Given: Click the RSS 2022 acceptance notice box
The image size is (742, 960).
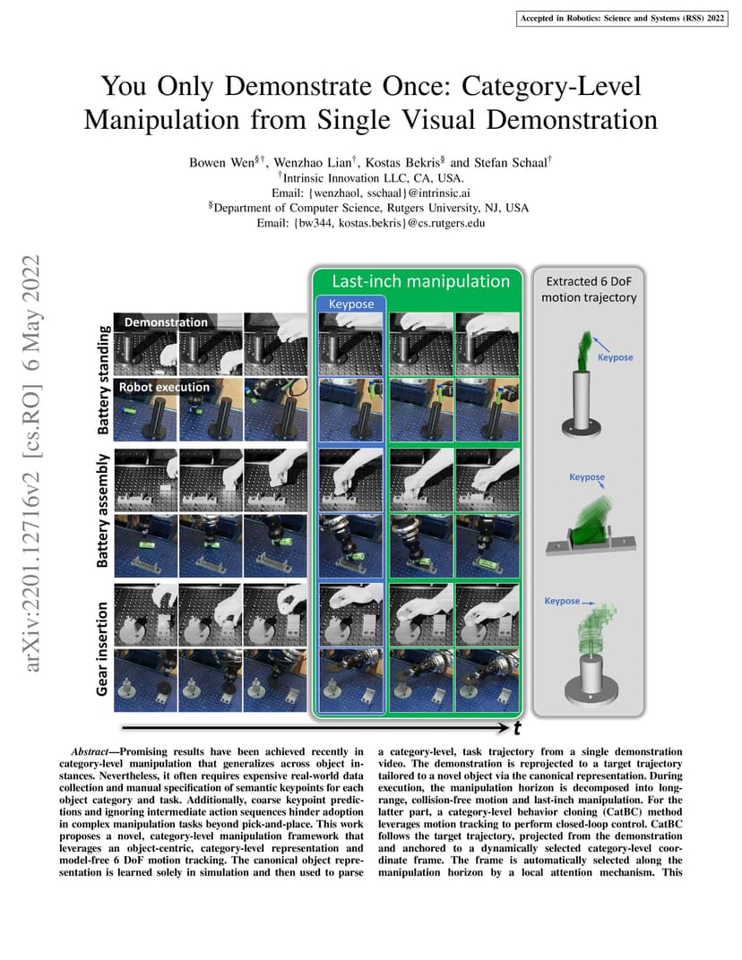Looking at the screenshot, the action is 622,19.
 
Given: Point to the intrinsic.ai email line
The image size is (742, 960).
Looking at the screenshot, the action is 371,193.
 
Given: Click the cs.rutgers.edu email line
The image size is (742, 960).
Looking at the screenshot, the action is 371,223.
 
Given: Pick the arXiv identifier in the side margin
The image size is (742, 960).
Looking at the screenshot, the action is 31,462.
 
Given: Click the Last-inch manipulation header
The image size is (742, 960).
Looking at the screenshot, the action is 421,281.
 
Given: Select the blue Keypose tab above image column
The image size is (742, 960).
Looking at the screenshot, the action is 351,304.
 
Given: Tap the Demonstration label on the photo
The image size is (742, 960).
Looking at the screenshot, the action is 166,322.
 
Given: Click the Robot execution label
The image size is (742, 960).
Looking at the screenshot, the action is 164,387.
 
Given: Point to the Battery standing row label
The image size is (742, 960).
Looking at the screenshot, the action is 104,381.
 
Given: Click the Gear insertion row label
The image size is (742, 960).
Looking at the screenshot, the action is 102,649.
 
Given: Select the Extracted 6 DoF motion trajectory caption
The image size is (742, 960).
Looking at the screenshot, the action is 589,289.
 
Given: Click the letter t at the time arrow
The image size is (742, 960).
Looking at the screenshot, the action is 518,729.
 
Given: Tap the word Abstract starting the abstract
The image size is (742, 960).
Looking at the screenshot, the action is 90,752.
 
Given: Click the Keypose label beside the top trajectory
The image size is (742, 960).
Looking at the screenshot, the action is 615,357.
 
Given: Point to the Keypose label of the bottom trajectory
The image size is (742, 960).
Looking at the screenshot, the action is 562,601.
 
